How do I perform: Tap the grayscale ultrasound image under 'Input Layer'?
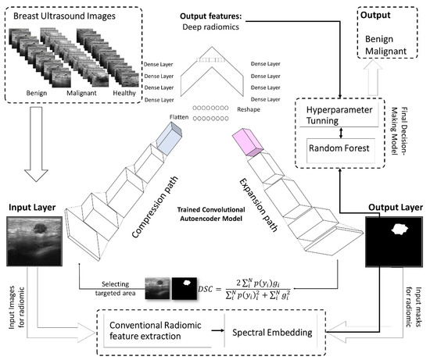pyautogui.click(x=35, y=244)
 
